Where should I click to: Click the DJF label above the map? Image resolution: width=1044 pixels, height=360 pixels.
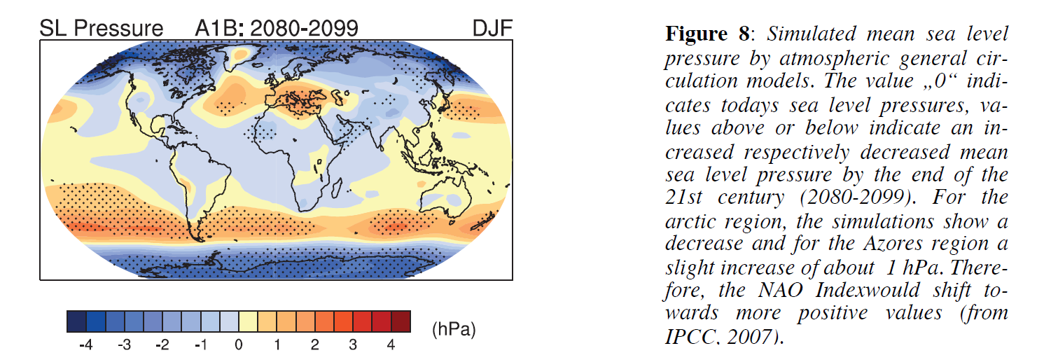pos(492,29)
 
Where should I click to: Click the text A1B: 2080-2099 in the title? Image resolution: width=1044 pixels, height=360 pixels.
pos(277,29)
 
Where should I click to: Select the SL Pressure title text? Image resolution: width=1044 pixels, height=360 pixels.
pos(101,29)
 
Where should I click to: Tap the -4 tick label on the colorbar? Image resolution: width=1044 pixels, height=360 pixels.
pos(85,345)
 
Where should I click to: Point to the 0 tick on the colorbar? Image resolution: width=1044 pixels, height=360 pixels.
pos(239,345)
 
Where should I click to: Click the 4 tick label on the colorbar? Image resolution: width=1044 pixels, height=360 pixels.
pos(391,345)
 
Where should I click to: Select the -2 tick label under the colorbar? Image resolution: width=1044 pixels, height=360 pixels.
pos(162,345)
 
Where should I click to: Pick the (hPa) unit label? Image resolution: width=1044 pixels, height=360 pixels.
pos(454,329)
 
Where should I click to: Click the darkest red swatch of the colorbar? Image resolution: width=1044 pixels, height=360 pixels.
pos(401,321)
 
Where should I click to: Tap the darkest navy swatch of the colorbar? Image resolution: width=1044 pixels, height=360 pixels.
pos(76,321)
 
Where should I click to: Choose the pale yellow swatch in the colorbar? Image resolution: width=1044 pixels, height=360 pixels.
pos(248,321)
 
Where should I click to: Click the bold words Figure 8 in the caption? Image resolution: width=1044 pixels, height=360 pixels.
pos(707,34)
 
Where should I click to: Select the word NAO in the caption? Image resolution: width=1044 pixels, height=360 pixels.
pos(780,290)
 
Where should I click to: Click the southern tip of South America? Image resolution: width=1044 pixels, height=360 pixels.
pos(200,240)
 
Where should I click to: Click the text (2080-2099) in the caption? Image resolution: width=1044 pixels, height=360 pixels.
pos(858,198)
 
